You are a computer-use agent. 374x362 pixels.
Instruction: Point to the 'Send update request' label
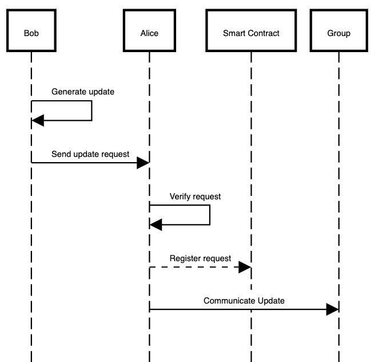(90, 154)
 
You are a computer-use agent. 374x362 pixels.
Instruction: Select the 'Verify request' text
(195, 196)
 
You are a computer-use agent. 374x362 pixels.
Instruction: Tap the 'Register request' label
(200, 258)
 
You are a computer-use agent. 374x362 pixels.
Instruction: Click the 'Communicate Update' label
(244, 300)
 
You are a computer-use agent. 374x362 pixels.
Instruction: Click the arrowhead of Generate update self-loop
(38, 120)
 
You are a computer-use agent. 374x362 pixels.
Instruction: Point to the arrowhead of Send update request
(143, 163)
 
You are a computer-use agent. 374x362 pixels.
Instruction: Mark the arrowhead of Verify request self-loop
(156, 225)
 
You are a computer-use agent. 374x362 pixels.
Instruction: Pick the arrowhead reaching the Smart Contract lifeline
(245, 267)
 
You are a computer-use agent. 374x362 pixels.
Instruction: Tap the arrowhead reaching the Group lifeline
(332, 309)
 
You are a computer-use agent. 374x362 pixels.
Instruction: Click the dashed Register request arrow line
(194, 267)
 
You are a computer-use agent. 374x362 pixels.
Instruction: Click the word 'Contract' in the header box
(264, 33)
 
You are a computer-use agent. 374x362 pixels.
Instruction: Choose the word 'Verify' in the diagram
(180, 196)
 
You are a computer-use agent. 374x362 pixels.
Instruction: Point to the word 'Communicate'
(227, 300)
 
